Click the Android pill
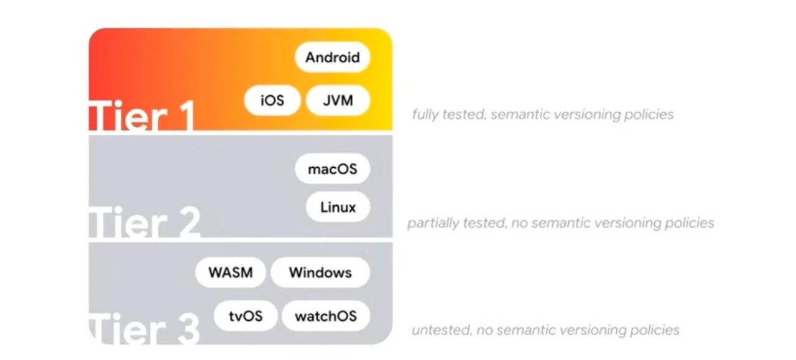click(x=332, y=58)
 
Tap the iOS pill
click(x=272, y=101)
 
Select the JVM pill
click(x=338, y=101)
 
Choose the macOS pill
click(x=333, y=169)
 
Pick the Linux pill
click(x=338, y=207)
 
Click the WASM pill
click(x=231, y=273)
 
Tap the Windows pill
click(x=320, y=273)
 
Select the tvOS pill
click(x=245, y=316)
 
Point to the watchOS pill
click(x=326, y=316)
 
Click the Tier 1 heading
click(x=143, y=116)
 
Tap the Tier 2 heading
click(x=145, y=223)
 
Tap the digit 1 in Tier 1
click(x=185, y=116)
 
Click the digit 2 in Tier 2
click(x=185, y=223)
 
